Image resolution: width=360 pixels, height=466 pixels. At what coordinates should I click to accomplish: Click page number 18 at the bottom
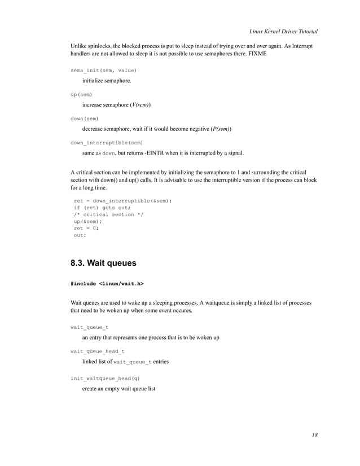click(314, 435)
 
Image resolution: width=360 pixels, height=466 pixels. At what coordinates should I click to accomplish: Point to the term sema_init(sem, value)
click(103, 70)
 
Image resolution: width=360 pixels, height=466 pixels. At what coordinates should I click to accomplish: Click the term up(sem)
click(81, 94)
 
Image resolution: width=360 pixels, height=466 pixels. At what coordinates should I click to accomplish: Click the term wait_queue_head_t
click(98, 351)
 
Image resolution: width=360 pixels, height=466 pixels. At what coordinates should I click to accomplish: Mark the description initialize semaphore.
click(107, 81)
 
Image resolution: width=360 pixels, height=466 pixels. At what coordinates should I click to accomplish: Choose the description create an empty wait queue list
click(118, 389)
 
